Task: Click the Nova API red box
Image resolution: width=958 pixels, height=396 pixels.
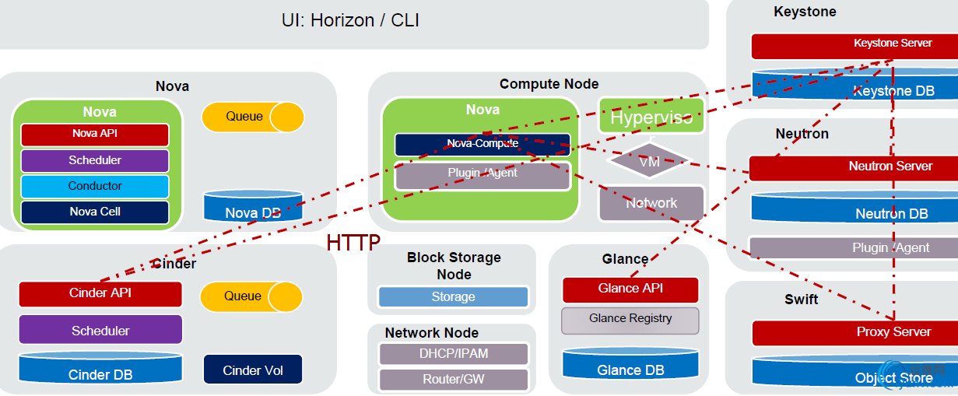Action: pyautogui.click(x=94, y=134)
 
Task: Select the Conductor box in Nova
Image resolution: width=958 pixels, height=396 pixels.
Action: pyautogui.click(x=94, y=186)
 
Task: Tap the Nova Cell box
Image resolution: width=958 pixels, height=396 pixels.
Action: pyautogui.click(x=94, y=212)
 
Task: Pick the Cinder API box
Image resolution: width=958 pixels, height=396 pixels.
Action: pyautogui.click(x=100, y=293)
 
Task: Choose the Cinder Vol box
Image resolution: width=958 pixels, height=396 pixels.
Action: pyautogui.click(x=252, y=370)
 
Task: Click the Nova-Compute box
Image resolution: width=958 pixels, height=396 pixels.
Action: pyautogui.click(x=483, y=144)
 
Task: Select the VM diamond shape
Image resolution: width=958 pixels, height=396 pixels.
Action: pyautogui.click(x=649, y=161)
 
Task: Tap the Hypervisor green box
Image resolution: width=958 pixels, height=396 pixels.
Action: pyautogui.click(x=651, y=117)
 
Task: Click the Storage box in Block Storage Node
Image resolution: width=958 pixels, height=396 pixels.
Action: pyautogui.click(x=453, y=296)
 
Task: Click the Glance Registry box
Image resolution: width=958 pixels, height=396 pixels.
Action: pyautogui.click(x=630, y=319)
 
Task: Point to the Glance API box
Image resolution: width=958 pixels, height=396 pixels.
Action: pyautogui.click(x=630, y=289)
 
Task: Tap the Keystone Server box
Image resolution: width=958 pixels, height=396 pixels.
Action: pyautogui.click(x=853, y=45)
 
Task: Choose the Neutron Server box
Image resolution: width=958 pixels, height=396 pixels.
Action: pyautogui.click(x=853, y=167)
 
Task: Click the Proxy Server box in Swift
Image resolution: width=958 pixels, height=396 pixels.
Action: pyautogui.click(x=854, y=332)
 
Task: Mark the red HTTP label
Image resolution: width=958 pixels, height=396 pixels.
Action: pyautogui.click(x=353, y=243)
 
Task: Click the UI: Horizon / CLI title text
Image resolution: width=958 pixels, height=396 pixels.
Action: pyautogui.click(x=350, y=21)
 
